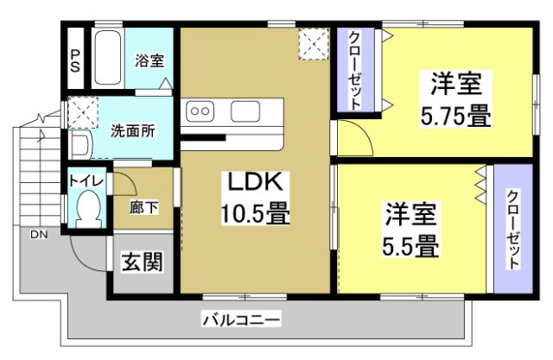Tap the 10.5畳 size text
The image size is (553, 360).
(x=256, y=212)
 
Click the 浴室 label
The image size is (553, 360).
(x=149, y=61)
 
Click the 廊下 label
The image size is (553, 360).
(x=143, y=207)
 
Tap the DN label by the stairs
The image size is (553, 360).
(x=40, y=235)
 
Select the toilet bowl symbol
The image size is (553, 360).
(x=87, y=208)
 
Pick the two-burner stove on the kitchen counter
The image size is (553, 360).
(x=201, y=111)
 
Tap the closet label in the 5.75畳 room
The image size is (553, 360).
(x=355, y=69)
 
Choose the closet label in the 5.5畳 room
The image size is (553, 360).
(x=512, y=229)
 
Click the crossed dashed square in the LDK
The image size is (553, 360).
(x=313, y=42)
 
